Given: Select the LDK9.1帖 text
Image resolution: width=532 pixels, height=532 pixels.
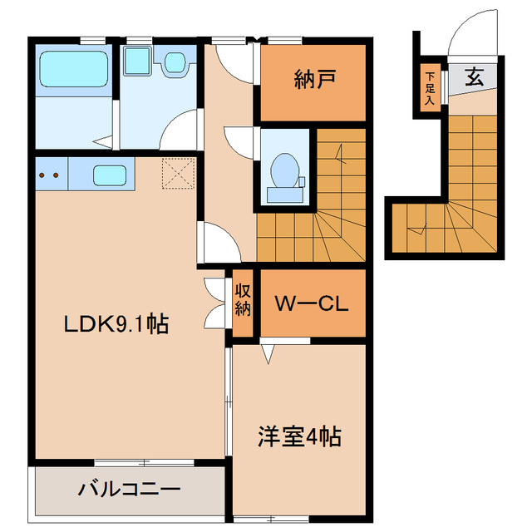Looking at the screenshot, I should (x=116, y=324).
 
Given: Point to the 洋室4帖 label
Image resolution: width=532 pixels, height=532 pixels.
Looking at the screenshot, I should (x=300, y=436).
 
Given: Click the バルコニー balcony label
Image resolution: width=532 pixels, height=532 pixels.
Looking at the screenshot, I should (x=129, y=489).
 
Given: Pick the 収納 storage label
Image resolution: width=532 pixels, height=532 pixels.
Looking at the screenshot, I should (x=243, y=300).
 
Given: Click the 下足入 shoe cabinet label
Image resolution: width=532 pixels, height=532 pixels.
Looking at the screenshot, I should (x=430, y=86).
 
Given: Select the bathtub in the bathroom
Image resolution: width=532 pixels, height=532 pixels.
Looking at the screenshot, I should (x=75, y=69).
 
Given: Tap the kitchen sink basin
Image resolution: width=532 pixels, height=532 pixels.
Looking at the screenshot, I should (x=109, y=175).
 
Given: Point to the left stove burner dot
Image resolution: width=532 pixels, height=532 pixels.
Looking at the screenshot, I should (x=42, y=175).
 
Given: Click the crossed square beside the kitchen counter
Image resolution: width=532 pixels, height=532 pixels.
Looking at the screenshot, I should (x=177, y=173).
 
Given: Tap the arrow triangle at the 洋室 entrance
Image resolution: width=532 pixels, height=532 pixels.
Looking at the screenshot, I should (x=268, y=356).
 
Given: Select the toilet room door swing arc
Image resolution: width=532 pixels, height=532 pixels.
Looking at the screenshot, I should (x=241, y=141).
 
